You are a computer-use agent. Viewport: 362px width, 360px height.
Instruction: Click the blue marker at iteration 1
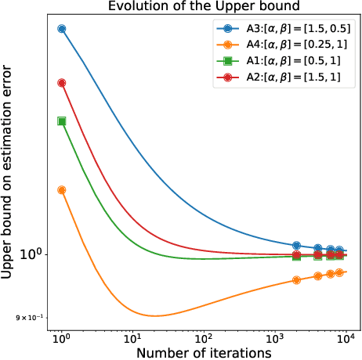(62, 29)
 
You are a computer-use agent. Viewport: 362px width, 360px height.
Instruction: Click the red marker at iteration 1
(62, 83)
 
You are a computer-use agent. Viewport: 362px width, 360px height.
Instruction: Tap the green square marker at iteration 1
(62, 121)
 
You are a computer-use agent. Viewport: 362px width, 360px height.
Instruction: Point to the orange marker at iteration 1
(62, 189)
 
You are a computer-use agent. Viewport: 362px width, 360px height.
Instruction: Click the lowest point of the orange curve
(154, 316)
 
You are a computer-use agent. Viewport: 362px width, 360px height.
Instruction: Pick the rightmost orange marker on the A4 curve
(339, 272)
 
